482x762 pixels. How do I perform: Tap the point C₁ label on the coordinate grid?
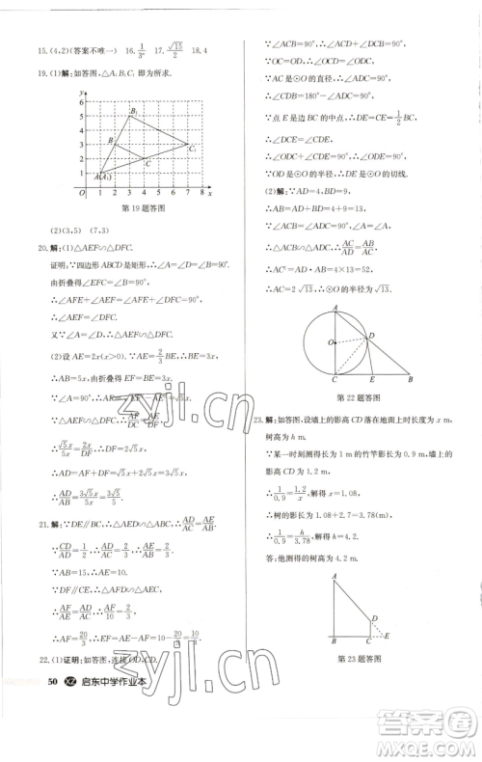[193, 150]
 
